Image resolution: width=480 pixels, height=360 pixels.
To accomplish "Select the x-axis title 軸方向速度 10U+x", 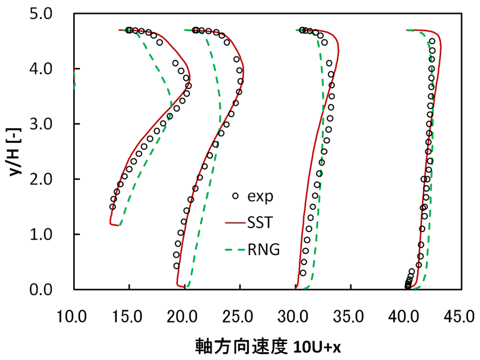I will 267,346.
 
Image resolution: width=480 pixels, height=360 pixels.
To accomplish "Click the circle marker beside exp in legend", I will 235,196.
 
